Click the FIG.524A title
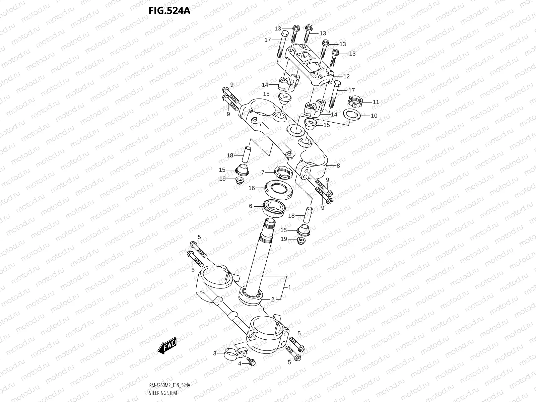(169, 11)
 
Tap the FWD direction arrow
(167, 346)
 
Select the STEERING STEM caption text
(163, 393)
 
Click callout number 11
(376, 102)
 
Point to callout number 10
(374, 116)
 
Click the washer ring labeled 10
(352, 114)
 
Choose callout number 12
(346, 76)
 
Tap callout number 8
(338, 165)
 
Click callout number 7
(263, 172)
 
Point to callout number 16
(252, 188)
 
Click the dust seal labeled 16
(279, 190)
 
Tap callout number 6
(251, 206)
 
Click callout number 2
(273, 299)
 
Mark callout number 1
(289, 287)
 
